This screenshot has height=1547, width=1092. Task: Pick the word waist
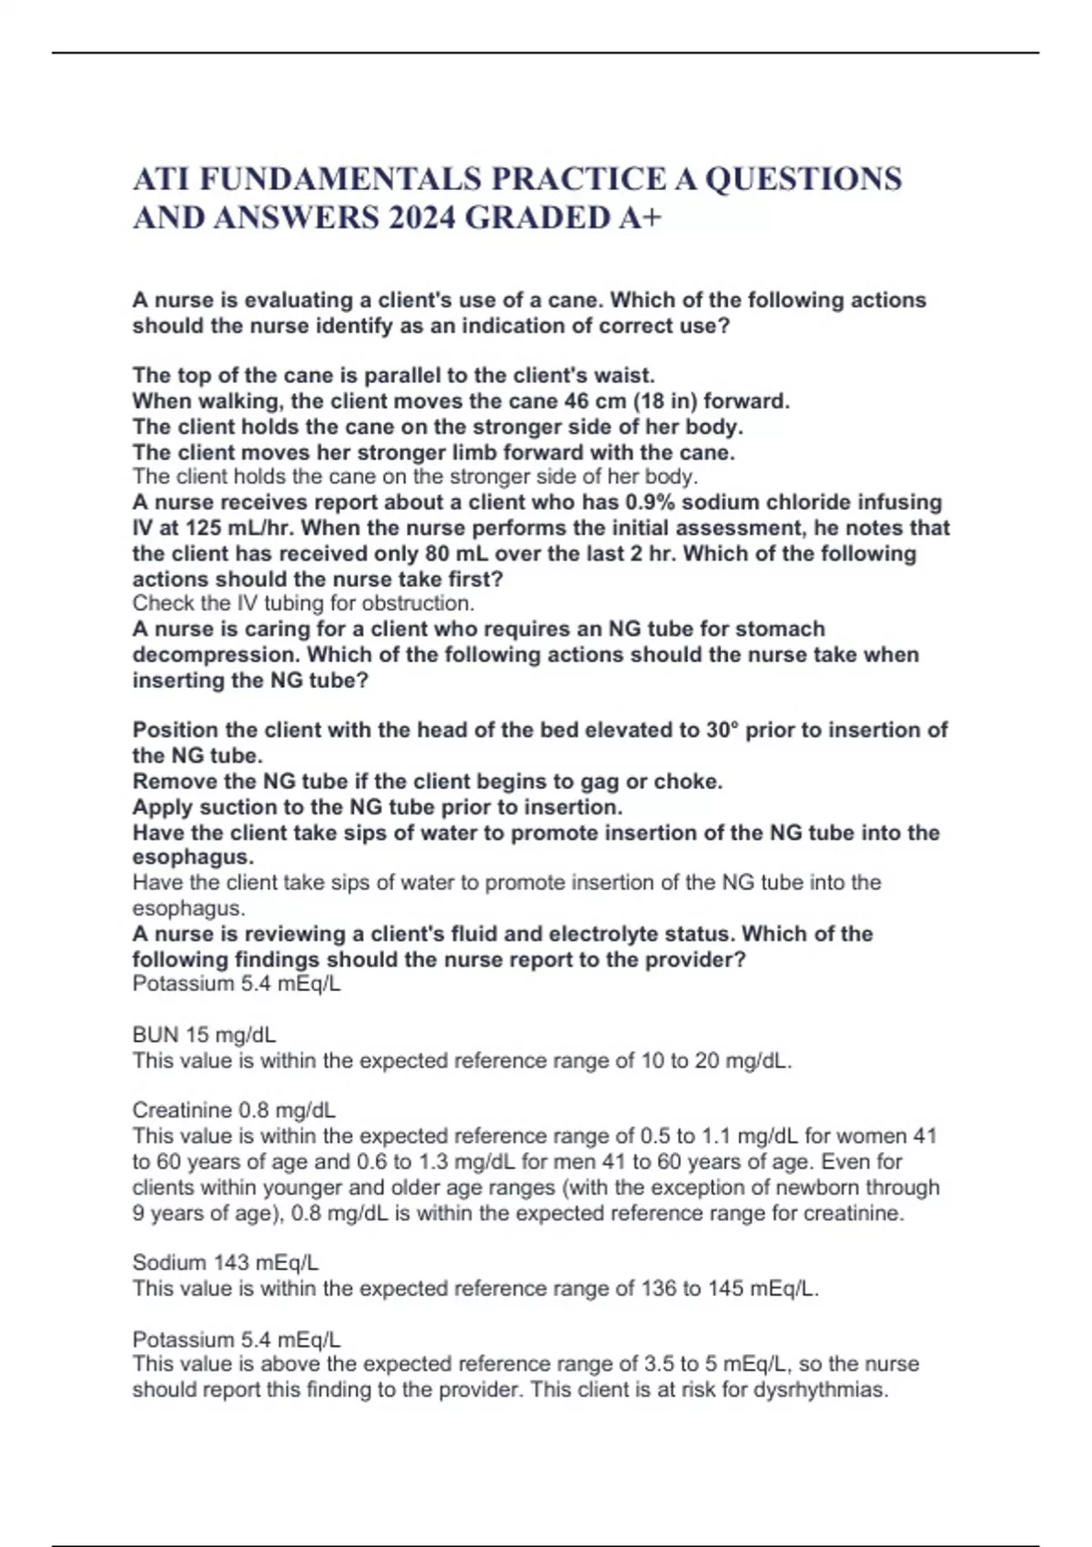point(629,375)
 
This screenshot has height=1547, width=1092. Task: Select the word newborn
point(818,1188)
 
